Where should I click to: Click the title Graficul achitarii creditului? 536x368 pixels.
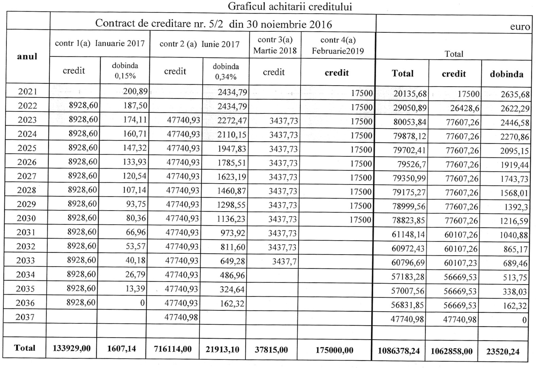point(290,6)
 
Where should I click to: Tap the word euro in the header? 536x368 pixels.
point(520,27)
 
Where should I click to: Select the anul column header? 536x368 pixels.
point(27,56)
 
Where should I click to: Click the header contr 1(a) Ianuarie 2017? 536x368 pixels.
point(100,44)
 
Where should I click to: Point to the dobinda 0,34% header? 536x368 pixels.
point(226,72)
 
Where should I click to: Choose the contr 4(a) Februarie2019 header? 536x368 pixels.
point(338,45)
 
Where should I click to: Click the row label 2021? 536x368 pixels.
point(28,91)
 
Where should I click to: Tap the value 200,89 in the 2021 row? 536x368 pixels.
point(136,91)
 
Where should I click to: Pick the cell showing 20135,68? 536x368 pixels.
point(410,93)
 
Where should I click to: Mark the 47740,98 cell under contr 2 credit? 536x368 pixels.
point(181,317)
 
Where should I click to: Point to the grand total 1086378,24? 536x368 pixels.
point(399,351)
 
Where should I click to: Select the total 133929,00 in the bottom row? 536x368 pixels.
point(72,348)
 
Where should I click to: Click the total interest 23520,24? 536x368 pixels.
point(503,352)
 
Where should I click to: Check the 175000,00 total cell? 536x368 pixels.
point(334,350)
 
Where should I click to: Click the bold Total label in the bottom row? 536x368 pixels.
point(24,348)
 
